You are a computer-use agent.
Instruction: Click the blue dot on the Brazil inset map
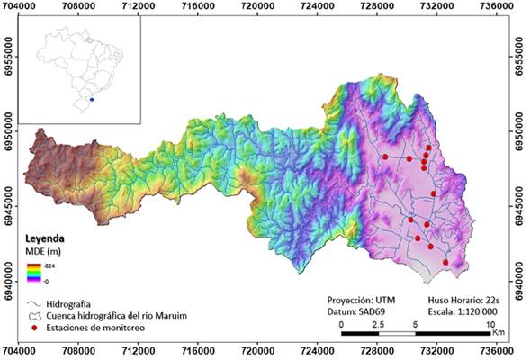[x=93, y=100]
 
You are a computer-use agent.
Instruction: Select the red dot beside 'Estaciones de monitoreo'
[x=36, y=330]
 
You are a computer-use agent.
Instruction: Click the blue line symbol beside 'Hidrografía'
[x=36, y=305]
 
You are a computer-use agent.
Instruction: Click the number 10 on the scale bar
[x=490, y=324]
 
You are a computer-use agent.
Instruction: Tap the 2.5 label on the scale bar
[x=378, y=324]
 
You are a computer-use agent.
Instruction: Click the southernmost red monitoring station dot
[x=445, y=262]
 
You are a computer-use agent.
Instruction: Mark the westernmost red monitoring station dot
[x=385, y=157]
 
